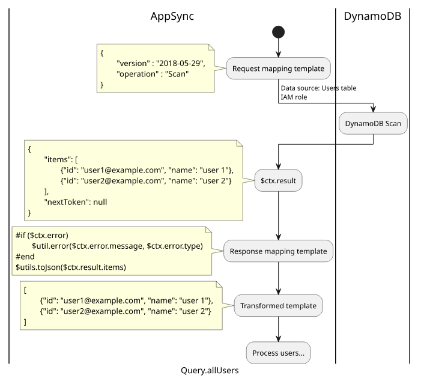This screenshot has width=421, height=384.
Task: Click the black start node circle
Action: (278, 32)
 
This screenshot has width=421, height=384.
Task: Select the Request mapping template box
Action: (278, 69)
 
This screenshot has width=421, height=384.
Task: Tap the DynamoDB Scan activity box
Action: (373, 123)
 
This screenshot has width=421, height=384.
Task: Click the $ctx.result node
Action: (278, 180)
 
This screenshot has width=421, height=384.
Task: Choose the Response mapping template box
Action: (278, 252)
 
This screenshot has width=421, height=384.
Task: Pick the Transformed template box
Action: (278, 306)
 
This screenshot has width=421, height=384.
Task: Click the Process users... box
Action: (278, 353)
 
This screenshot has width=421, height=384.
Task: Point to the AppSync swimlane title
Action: (172, 16)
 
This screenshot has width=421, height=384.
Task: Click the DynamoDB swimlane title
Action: (372, 16)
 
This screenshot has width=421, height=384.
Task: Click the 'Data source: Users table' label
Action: (318, 88)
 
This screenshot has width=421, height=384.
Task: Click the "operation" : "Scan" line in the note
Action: (153, 74)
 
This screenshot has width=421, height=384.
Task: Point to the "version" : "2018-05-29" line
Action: (160, 63)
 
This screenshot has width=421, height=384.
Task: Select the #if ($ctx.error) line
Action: (42, 235)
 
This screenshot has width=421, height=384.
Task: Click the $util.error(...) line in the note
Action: (117, 246)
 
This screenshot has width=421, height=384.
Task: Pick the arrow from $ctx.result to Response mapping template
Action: (278, 216)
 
